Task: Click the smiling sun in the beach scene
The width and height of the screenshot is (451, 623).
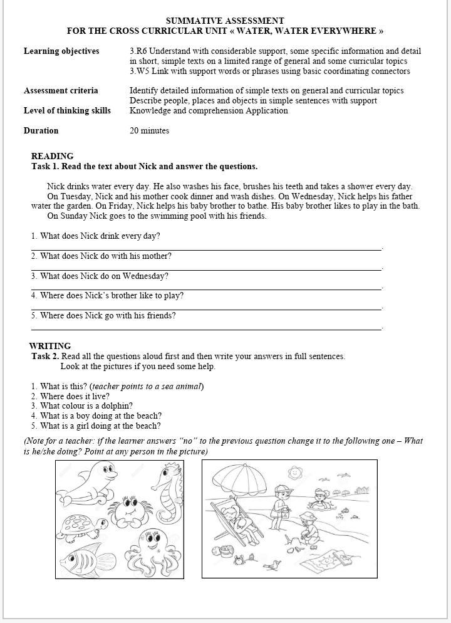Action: pos(294,472)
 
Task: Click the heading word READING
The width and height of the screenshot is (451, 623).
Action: pos(52,156)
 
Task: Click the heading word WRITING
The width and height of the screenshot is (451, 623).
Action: pos(50,346)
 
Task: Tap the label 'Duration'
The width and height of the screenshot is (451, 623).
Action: pos(41,131)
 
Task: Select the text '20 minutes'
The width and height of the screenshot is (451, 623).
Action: pos(149,131)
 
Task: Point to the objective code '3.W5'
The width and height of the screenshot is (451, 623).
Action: pos(139,71)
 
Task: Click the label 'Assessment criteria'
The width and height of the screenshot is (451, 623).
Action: pos(61,91)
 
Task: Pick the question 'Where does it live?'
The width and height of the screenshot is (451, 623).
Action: pos(74,396)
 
